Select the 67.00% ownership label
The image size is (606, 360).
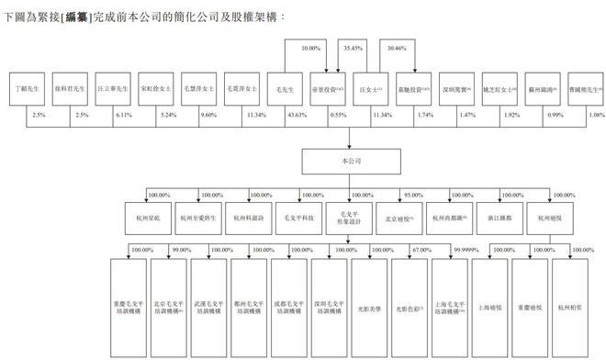(x=421, y=249)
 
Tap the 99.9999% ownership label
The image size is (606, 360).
(x=466, y=249)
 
